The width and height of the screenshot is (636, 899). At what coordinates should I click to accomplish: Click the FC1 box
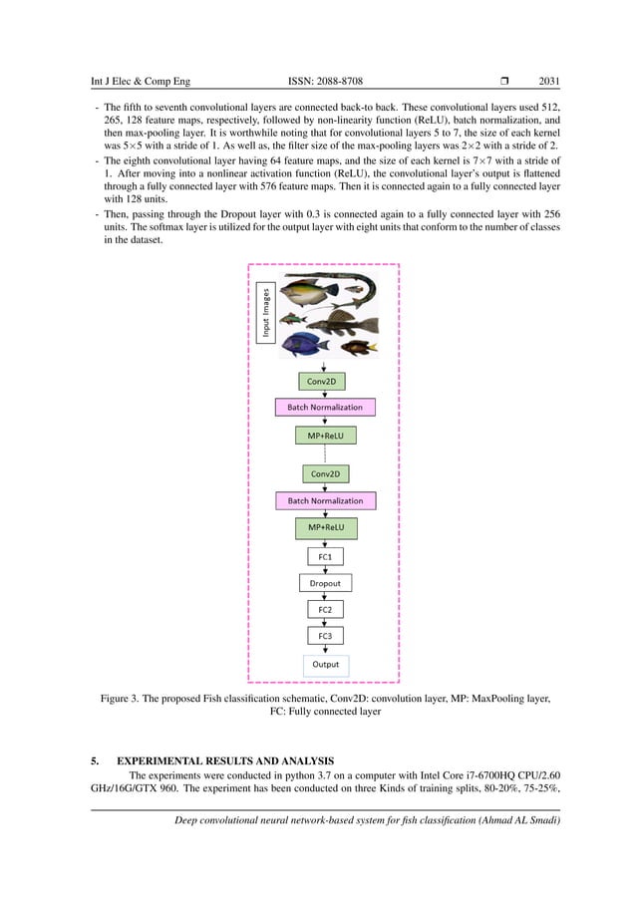pos(325,557)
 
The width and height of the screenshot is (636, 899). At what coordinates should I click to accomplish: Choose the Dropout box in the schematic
pos(325,583)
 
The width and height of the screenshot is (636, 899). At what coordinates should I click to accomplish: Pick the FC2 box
pos(325,609)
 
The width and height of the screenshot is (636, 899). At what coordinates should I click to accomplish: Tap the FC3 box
pos(325,635)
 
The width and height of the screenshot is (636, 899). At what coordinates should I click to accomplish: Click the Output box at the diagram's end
pos(325,664)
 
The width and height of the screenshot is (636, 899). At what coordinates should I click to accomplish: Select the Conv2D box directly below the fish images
pos(325,381)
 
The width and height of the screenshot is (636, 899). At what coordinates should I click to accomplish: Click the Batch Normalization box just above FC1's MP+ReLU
pos(325,500)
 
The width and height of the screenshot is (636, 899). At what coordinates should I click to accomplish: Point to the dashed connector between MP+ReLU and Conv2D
pos(325,454)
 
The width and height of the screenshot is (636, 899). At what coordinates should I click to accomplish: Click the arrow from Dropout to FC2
pos(325,596)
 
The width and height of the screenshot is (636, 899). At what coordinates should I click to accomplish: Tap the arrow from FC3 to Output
pos(325,649)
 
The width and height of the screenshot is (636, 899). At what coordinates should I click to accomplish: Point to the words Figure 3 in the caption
pos(125,700)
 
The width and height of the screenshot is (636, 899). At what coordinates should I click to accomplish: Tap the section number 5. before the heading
pos(95,759)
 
